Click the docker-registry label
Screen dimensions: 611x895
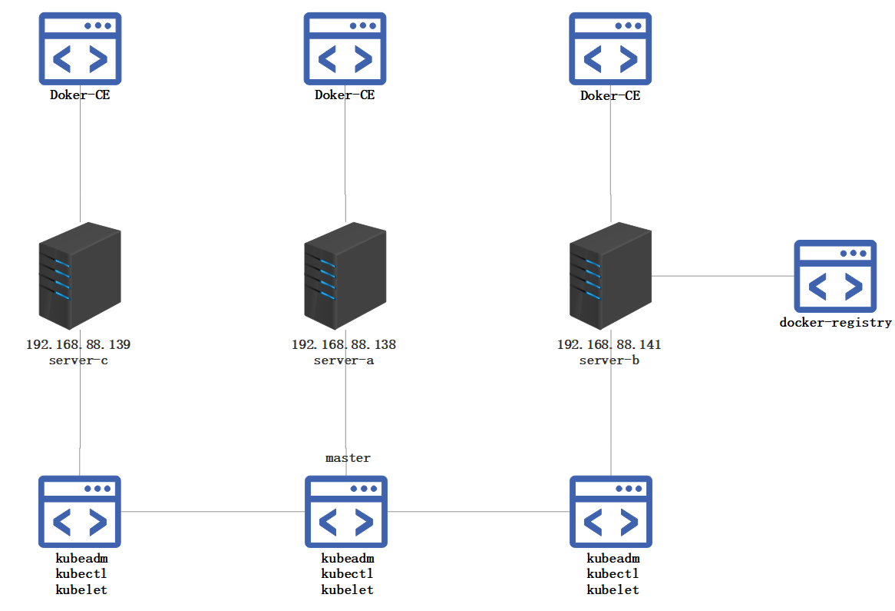pyautogui.click(x=835, y=323)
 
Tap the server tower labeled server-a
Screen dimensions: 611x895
pyautogui.click(x=345, y=276)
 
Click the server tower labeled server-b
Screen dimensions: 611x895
pyautogui.click(x=610, y=276)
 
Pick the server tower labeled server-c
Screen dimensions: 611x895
pyautogui.click(x=79, y=276)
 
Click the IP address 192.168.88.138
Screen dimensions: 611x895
pyautogui.click(x=344, y=344)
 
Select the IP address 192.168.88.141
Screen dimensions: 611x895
pyautogui.click(x=609, y=344)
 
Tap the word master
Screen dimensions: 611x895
pyautogui.click(x=348, y=458)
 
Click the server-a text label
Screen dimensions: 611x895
pyautogui.click(x=344, y=360)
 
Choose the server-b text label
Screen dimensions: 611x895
pyautogui.click(x=609, y=360)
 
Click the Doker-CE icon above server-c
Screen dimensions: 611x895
pyautogui.click(x=80, y=48)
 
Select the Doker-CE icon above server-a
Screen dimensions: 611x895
pyautogui.click(x=345, y=48)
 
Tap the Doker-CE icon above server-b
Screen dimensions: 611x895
pyautogui.click(x=610, y=48)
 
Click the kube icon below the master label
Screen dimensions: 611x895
pyautogui.click(x=345, y=512)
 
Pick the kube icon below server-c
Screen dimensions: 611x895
pyautogui.click(x=80, y=512)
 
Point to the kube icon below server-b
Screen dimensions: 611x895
pyautogui.click(x=611, y=512)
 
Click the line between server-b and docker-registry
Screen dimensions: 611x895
pyautogui.click(x=722, y=276)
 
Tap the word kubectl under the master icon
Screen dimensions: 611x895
pyautogui.click(x=347, y=574)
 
